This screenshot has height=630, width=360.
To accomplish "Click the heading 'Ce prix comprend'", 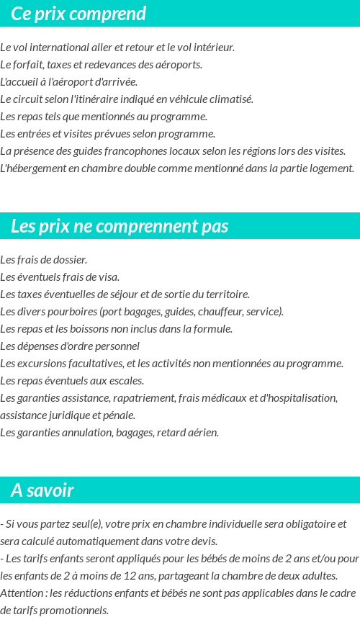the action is (78, 14).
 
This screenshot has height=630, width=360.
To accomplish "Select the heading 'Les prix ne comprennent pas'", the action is (120, 226).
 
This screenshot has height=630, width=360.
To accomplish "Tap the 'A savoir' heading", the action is (42, 490).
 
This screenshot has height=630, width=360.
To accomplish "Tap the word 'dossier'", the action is (70, 259).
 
